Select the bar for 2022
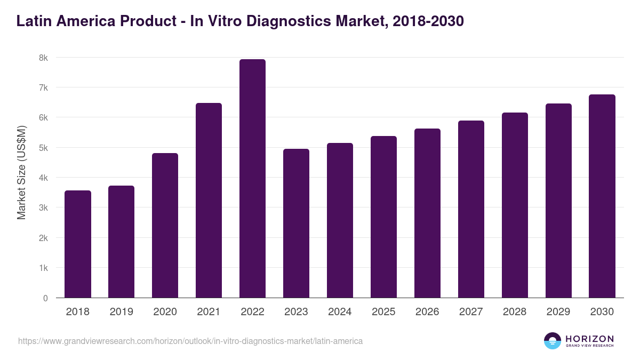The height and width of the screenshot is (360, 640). tap(252, 179)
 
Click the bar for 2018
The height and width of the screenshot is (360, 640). tap(78, 244)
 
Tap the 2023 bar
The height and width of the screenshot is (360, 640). tap(296, 223)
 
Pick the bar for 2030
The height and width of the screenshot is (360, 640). tap(602, 196)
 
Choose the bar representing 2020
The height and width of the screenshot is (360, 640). tap(165, 226)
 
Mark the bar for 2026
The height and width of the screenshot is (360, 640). tap(427, 213)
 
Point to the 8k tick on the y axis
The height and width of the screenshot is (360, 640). tap(43, 58)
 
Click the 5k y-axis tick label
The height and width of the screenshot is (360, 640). tap(43, 148)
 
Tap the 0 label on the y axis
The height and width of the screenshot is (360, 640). tap(45, 298)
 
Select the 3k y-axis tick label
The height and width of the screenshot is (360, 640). tap(43, 208)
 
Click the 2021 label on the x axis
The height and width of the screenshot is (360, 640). tap(209, 312)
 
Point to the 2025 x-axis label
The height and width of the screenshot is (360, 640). tap(383, 312)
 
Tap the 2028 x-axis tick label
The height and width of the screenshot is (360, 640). tap(515, 312)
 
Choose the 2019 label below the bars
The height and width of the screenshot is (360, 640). tap(121, 312)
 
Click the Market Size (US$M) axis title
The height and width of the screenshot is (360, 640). tap(21, 172)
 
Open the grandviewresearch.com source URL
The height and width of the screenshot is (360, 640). tap(190, 341)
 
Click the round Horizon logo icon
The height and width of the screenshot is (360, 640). tap(553, 341)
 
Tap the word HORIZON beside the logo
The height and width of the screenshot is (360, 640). tap(589, 339)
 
